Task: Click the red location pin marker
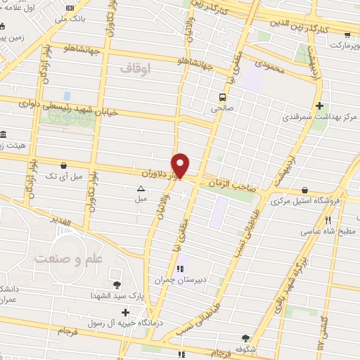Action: pos(181,165)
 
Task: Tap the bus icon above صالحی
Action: pos(222,98)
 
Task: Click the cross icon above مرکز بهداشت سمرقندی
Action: pos(320,106)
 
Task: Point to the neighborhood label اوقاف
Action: pos(136,68)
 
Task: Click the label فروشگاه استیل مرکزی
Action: pos(304,201)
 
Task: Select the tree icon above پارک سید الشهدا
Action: pos(117,285)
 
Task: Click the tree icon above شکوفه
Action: pos(245,338)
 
